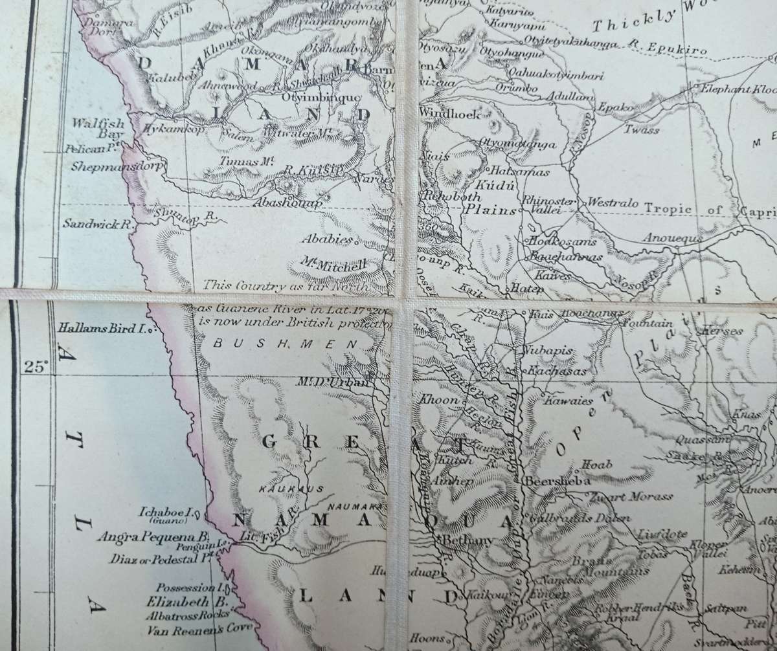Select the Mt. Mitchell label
point(334,265)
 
